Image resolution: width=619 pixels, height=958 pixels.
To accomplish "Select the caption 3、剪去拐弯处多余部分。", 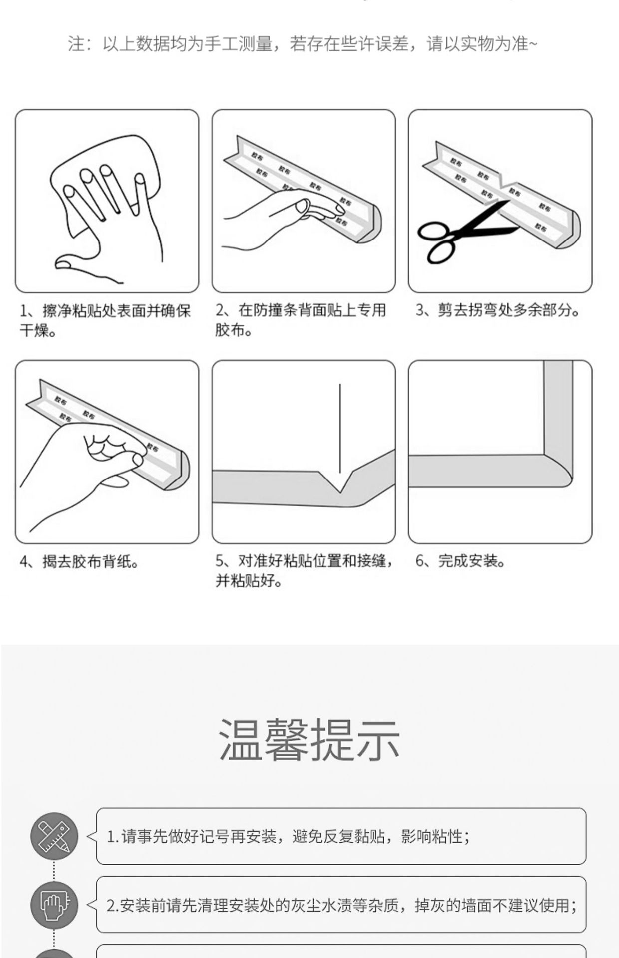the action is click(x=498, y=310).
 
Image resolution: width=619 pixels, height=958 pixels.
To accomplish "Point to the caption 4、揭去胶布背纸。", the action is click(x=79, y=562).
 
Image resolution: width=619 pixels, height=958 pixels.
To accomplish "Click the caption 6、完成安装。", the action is click(x=460, y=561).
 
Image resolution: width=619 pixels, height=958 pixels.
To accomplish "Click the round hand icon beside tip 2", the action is click(x=54, y=904).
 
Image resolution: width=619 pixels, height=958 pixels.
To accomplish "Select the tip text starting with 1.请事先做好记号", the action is click(x=289, y=836).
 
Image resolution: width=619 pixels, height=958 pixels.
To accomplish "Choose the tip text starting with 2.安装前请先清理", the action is click(x=341, y=905).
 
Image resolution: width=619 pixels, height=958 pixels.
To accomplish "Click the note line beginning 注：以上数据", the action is click(x=303, y=44).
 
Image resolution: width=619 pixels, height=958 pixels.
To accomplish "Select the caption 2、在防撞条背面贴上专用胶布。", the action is click(x=301, y=320).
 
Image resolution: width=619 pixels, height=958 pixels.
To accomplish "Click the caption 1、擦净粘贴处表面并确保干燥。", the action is click(x=105, y=320).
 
